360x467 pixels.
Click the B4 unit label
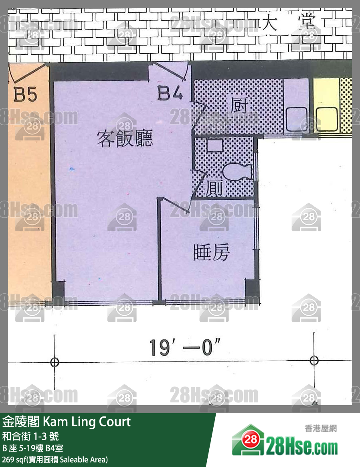(x=170, y=94)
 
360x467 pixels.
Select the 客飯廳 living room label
(x=125, y=139)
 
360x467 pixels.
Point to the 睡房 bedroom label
(x=211, y=252)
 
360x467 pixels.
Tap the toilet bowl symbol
(x=237, y=172)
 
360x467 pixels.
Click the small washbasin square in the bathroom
(x=214, y=145)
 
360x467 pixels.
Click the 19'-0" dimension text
(x=185, y=347)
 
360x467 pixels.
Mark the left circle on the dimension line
(x=55, y=362)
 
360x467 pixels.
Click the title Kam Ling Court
(x=67, y=422)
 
